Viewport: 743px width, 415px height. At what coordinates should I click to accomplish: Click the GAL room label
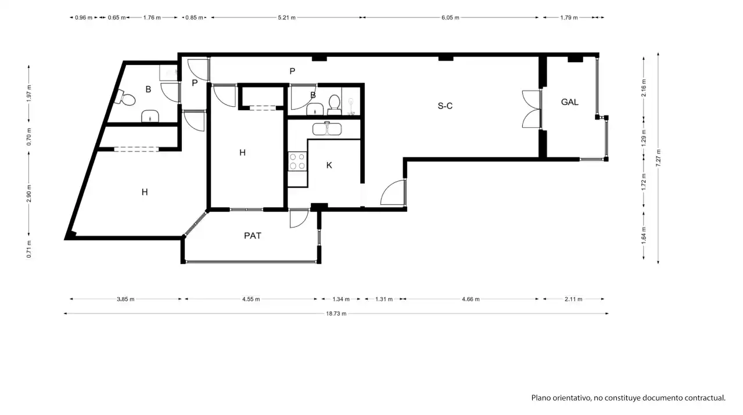pos(569,102)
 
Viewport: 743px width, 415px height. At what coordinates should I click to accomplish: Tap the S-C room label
pos(445,106)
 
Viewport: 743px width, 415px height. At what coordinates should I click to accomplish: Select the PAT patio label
pos(253,236)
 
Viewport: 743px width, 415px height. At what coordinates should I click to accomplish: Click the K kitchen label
pos(329,165)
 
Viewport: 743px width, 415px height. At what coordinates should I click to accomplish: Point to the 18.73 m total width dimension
pos(336,313)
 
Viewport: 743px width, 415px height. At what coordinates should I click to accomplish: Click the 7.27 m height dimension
pos(658,158)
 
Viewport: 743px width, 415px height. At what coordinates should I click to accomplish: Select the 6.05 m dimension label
pos(450,17)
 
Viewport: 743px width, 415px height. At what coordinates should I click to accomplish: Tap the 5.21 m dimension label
pos(286,17)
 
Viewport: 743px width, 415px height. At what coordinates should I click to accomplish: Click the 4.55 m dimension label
pos(251,299)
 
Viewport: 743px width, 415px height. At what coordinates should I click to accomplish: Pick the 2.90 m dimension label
pos(29,193)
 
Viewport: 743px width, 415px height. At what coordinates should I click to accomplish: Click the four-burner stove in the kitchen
pos(297,161)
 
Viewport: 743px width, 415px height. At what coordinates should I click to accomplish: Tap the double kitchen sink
pos(326,129)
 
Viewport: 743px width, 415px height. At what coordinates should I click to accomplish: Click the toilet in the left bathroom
pos(125,98)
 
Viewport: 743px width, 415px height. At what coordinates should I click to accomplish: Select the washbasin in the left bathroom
pos(150,116)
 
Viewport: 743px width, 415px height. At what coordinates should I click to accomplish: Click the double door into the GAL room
pos(532,109)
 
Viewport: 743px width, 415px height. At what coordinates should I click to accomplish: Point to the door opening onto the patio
pos(299,218)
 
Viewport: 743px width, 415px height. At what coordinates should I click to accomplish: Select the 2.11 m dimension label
pos(573,299)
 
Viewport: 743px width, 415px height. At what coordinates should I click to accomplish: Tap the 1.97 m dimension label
pos(29,93)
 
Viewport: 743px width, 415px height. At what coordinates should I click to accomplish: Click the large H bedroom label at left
pos(145,192)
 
